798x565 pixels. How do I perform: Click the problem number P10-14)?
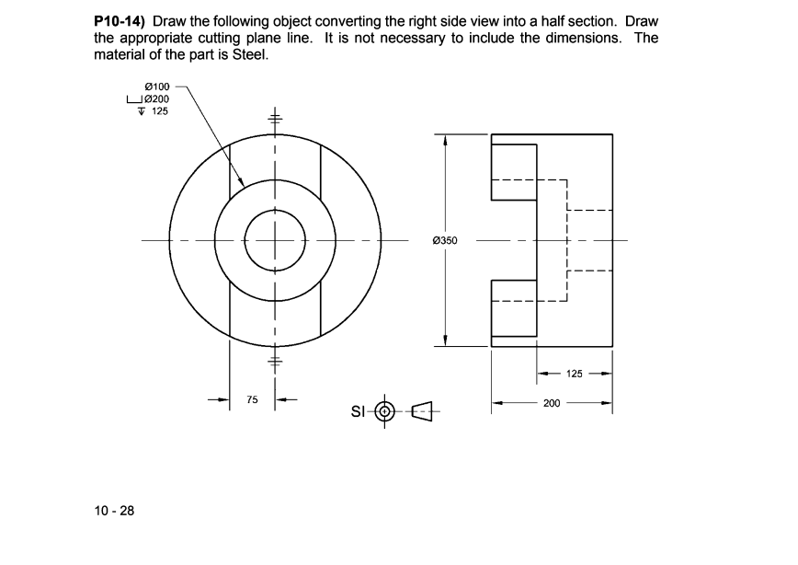click(120, 20)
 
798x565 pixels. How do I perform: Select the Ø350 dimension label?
click(446, 241)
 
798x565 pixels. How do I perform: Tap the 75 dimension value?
click(252, 400)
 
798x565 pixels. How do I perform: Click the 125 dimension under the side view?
click(575, 375)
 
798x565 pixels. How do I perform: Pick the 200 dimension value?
click(552, 403)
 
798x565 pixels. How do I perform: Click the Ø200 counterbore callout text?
click(156, 98)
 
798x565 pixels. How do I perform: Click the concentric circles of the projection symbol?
click(385, 410)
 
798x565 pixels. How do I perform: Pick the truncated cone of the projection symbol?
click(422, 410)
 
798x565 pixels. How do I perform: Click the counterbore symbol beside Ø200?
click(135, 98)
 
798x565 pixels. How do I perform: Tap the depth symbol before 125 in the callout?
click(142, 110)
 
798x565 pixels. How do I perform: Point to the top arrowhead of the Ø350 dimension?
click(446, 141)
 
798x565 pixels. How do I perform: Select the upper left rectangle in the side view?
click(514, 171)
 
